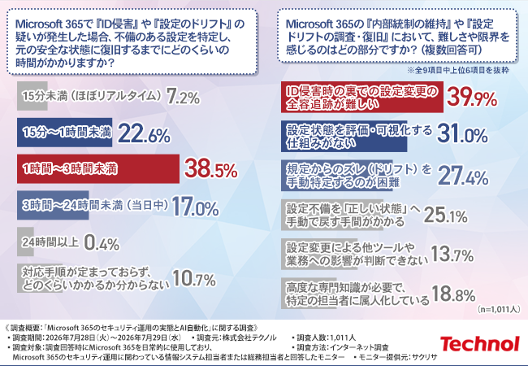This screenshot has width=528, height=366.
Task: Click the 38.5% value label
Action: pos(211,169)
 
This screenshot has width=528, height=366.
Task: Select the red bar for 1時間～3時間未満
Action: pos(98,169)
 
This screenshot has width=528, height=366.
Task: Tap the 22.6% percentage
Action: pos(144,133)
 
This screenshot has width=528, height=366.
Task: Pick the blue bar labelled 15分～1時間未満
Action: pos(65,133)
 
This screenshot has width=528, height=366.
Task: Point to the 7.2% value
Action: pos(184,97)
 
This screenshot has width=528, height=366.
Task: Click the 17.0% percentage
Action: pos(195,207)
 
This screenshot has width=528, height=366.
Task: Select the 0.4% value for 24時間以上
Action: pos(102,242)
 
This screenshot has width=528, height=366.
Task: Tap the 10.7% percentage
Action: pos(194,279)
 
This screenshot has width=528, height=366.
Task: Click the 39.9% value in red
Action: pos(472,98)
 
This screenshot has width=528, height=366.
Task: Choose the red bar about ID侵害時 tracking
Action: pos(362,97)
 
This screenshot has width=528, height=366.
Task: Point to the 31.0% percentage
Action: pos(462,134)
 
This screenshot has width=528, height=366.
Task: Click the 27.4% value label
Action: pos(463,176)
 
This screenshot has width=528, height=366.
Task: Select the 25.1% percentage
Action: pos(445,215)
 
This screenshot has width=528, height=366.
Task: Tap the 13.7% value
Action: pos(452,254)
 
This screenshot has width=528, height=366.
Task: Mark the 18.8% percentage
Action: pos(453,294)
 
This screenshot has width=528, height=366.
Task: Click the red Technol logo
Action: pos(480,344)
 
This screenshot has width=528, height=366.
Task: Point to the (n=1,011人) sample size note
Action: pos(499,309)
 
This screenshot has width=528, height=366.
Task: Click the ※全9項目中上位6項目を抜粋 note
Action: pos(458,70)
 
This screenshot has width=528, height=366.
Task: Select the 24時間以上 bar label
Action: pos(50,242)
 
